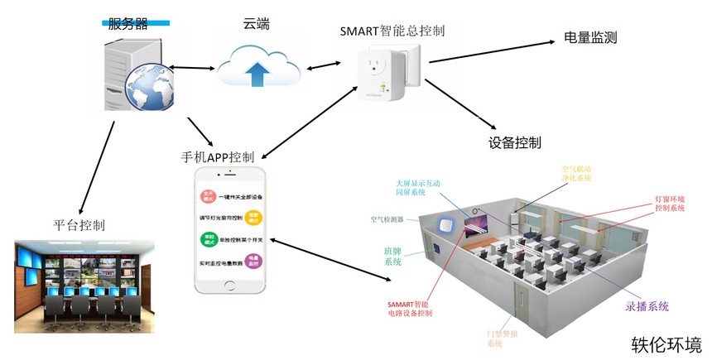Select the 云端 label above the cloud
click(x=255, y=25)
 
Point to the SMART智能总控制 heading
click(x=393, y=31)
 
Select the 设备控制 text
click(x=515, y=142)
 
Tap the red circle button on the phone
click(x=208, y=196)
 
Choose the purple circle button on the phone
click(x=255, y=261)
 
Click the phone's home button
click(x=232, y=286)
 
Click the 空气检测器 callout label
click(x=387, y=220)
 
